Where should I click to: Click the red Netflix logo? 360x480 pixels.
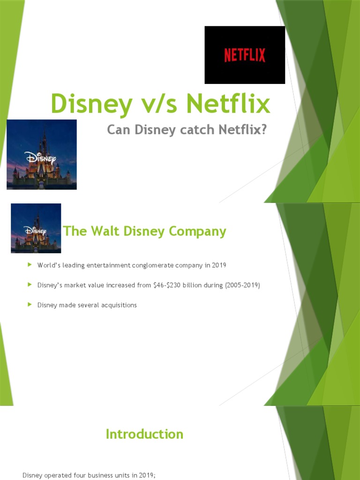click(245, 55)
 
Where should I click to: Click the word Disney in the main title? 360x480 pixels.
click(83, 104)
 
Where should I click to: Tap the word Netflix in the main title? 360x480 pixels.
click(229, 104)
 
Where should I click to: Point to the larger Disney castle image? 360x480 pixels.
click(42, 154)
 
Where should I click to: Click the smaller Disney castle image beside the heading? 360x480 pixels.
click(36, 228)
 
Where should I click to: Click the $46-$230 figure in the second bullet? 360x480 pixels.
click(168, 285)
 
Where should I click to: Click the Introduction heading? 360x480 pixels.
click(144, 434)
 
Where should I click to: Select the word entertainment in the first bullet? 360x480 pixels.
click(104, 265)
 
